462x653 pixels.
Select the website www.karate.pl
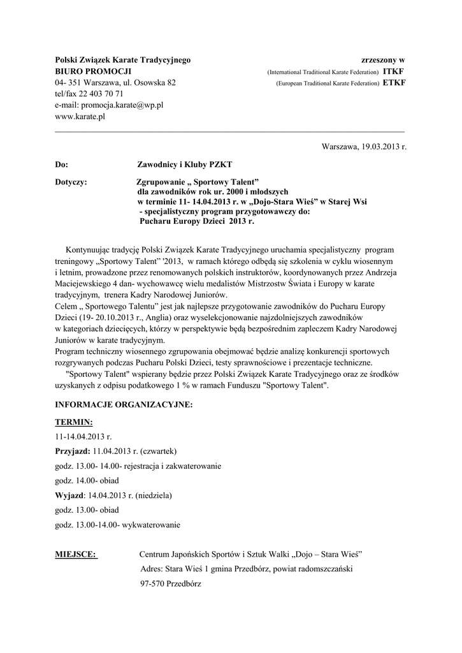click(80, 117)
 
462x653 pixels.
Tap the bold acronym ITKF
click(394, 71)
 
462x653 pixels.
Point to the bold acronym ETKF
click(394, 83)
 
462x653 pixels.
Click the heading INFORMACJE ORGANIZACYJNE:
click(124, 404)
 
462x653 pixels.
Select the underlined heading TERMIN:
click(74, 422)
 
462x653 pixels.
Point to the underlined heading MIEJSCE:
click(76, 554)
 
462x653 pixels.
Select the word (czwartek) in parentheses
click(158, 451)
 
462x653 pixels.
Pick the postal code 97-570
click(152, 583)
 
